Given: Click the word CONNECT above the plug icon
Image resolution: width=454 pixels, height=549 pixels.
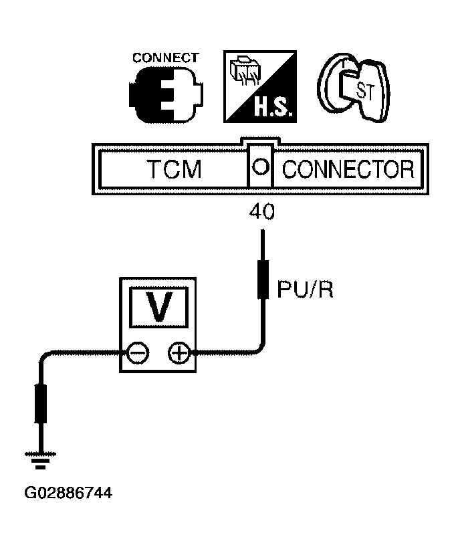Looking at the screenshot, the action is coord(166,58).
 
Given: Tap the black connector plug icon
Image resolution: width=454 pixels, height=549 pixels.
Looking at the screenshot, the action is coord(166,94).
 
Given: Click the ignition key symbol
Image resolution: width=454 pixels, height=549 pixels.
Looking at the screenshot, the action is coord(353,88).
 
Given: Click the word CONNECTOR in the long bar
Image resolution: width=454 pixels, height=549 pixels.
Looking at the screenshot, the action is coord(348,169).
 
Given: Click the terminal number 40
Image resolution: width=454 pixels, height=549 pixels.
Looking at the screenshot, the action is coord(262,212).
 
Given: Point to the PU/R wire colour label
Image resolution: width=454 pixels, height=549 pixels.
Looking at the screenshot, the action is coord(305,290).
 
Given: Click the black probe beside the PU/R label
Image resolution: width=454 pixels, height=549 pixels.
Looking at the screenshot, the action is coord(263,280).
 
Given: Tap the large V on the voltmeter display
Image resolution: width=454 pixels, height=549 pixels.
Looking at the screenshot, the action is coord(159,307).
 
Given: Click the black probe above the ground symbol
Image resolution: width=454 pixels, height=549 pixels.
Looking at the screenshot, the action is coord(41,404).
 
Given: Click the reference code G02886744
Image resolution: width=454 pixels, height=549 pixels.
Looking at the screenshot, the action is coord(68,493).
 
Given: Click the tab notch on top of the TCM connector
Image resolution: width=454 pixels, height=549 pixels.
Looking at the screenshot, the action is coord(260,140).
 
